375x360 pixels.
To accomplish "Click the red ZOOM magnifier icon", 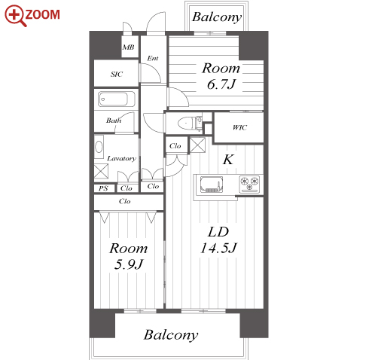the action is tap(15, 16).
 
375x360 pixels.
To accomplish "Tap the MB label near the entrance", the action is tap(128, 47).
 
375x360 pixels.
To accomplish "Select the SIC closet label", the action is tap(117, 74).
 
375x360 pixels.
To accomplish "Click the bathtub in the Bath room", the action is tap(117, 99).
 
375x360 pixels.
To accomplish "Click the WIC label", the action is tap(239, 127).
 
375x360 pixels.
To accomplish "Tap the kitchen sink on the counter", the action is tap(212, 185).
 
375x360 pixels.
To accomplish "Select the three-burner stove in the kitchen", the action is tap(249, 184).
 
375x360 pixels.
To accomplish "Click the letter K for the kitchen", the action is tap(228, 159).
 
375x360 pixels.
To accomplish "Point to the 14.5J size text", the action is tap(218, 248).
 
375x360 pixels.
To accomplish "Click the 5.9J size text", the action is tap(128, 264).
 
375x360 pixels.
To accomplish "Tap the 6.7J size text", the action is tap(221, 84).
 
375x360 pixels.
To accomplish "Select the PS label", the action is tap(103, 188).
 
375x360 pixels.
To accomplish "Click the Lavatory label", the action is tap(121, 158).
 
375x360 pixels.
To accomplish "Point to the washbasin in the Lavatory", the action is tap(99, 147).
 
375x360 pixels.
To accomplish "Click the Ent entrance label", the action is tap(153, 58).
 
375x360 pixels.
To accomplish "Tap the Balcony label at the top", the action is tap(217, 17).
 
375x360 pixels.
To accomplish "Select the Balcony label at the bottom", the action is tap(171, 334).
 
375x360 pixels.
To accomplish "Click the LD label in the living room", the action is tap(218, 232).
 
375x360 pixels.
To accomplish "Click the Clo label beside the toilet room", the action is tap(175, 146).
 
